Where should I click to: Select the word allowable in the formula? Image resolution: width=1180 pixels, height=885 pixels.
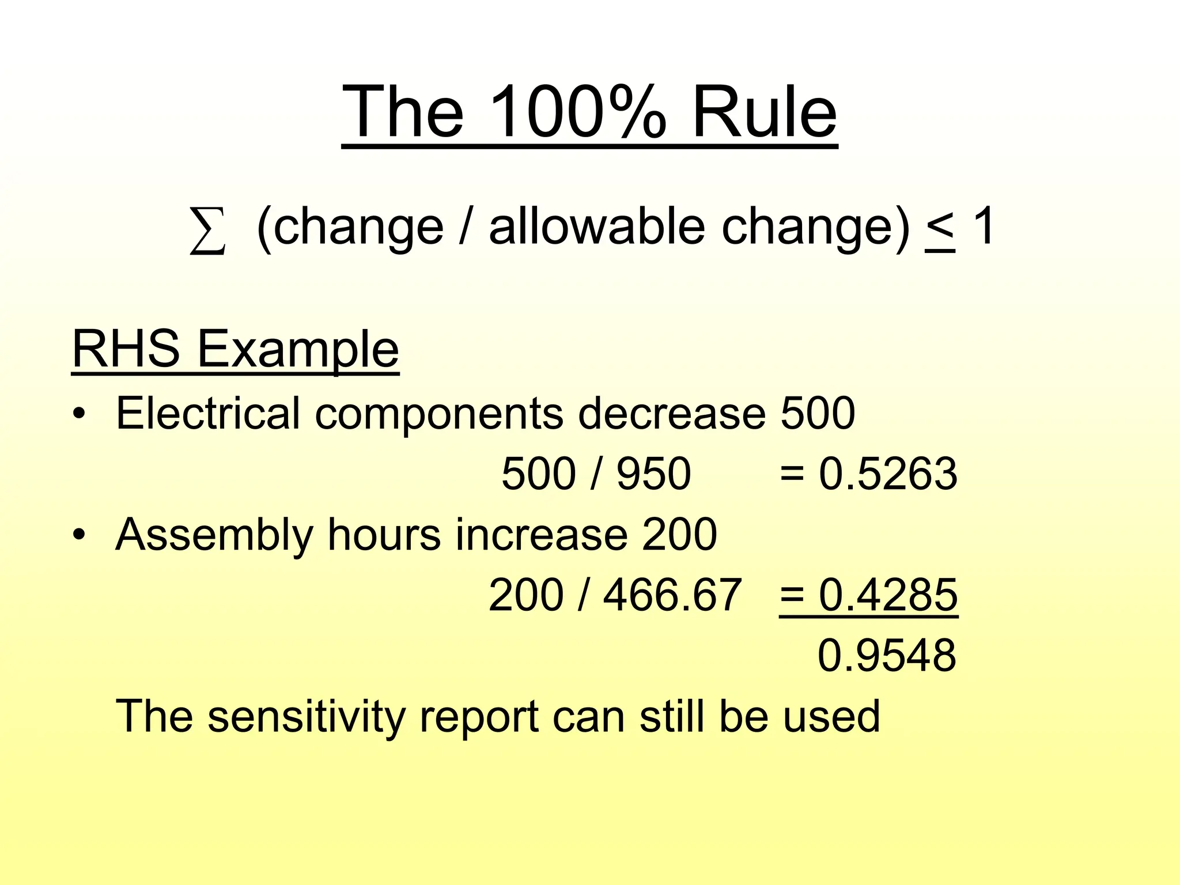(x=597, y=226)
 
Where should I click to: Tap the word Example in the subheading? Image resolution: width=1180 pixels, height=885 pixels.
(x=298, y=350)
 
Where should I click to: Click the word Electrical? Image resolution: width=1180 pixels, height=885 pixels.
(x=208, y=413)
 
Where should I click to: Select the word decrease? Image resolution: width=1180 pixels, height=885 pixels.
(x=672, y=414)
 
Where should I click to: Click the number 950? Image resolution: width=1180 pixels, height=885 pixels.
(x=653, y=474)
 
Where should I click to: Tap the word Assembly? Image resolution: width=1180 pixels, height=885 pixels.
(x=214, y=535)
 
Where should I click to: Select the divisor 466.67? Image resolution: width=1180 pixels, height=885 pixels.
(x=672, y=595)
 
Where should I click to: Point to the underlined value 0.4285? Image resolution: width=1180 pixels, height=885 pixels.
(x=888, y=595)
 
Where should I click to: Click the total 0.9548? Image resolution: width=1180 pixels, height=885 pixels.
(x=887, y=656)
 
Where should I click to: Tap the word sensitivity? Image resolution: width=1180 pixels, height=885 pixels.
(x=307, y=716)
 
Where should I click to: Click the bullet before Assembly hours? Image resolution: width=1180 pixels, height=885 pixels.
(x=79, y=535)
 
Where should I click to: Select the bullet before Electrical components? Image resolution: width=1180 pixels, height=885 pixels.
(x=79, y=414)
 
